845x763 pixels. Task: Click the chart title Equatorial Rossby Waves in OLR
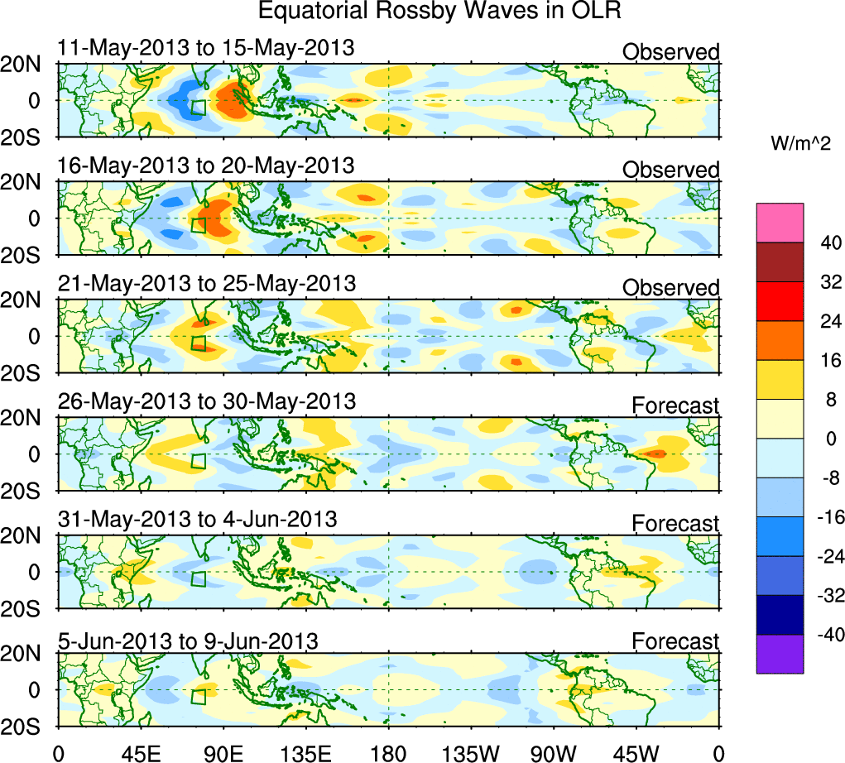point(439,12)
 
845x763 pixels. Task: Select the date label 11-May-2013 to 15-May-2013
point(206,48)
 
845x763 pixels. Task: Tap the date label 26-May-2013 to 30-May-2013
point(207,401)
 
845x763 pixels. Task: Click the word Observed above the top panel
point(670,52)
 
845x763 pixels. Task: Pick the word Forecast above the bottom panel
point(675,641)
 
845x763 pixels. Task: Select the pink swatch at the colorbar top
point(780,222)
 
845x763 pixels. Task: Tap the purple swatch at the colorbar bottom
point(780,654)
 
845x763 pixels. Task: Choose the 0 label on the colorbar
point(825,439)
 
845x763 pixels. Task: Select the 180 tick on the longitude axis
point(388,753)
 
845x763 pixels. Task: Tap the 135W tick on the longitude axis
point(471,753)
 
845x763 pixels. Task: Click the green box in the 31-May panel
point(198,579)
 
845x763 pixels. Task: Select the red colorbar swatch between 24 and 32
point(780,300)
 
